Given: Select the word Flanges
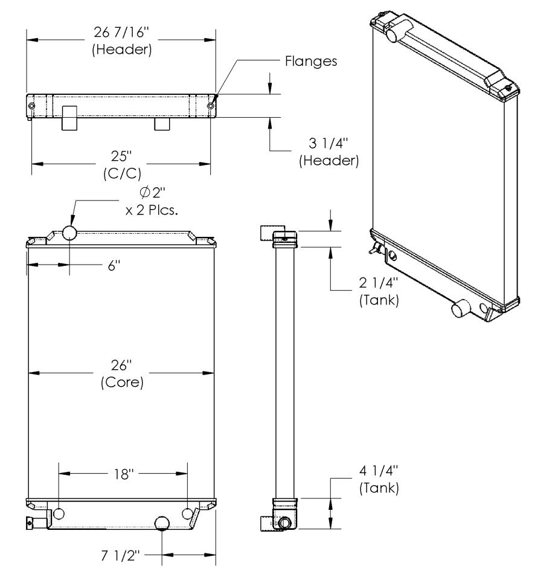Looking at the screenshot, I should click(310, 62).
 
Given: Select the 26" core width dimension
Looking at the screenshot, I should click(122, 375).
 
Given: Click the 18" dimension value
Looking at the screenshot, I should click(123, 474).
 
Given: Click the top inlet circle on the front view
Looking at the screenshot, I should click(69, 233).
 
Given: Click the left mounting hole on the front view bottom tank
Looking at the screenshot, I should click(59, 514).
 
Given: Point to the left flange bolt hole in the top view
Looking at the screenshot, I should click(31, 107).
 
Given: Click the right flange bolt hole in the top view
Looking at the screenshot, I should click(210, 107).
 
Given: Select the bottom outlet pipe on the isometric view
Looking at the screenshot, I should click(462, 310).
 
